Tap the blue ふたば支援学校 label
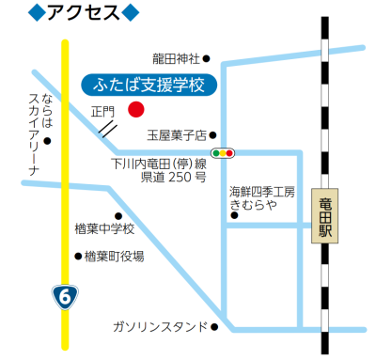tap(149, 86)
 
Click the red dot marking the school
tap(135, 109)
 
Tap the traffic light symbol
tap(224, 151)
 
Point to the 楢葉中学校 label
tap(104, 228)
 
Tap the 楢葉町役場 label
tap(113, 256)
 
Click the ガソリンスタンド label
tap(159, 326)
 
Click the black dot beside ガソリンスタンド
tap(215, 327)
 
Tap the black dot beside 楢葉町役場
tap(78, 256)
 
